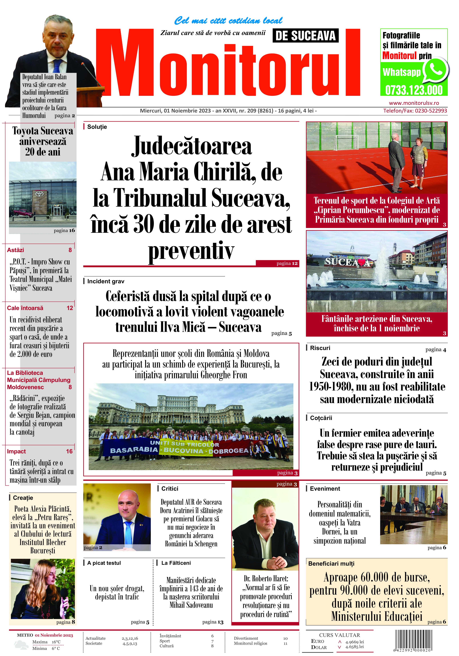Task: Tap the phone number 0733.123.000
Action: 414,90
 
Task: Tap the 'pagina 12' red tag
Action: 287,263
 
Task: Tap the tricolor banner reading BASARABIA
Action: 134,450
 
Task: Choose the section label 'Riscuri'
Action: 320,348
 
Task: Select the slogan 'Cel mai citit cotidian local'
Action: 228,21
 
